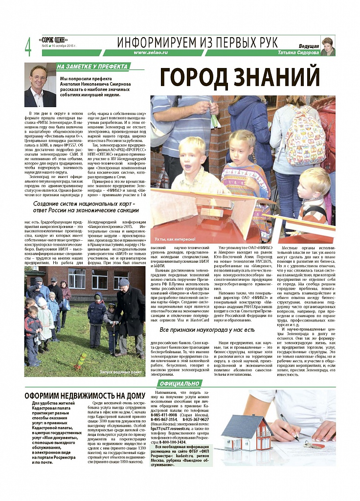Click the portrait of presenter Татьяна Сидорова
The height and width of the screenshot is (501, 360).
tap(328, 46)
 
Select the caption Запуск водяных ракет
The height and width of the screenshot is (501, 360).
tap(120, 372)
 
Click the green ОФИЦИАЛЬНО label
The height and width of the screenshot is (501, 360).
tap(179, 384)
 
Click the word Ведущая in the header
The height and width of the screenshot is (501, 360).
tap(309, 46)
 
